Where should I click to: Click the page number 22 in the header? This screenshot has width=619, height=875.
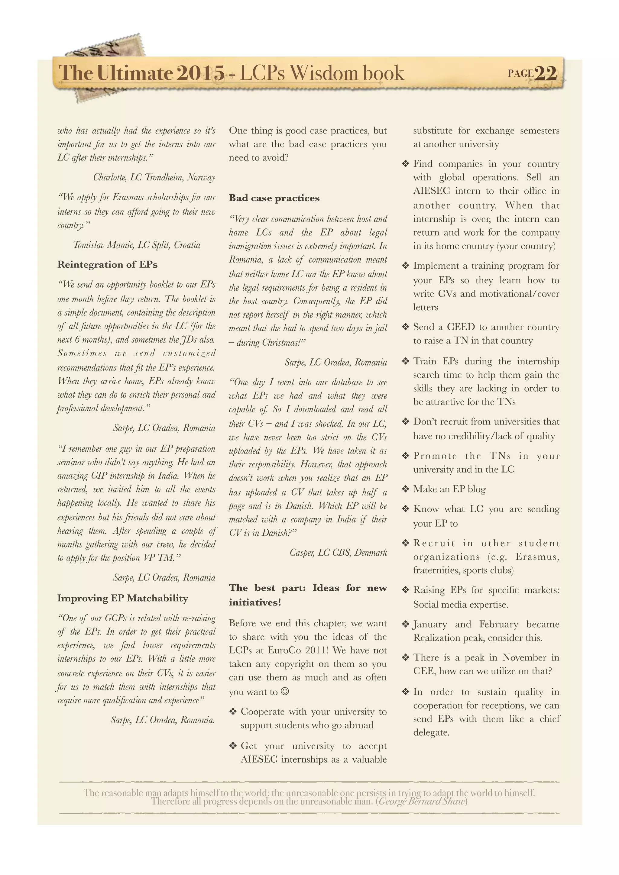click(x=546, y=73)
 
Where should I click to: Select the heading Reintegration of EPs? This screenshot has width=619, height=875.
click(x=107, y=264)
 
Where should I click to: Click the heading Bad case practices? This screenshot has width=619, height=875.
click(x=274, y=198)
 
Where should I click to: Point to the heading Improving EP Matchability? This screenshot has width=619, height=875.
click(x=122, y=598)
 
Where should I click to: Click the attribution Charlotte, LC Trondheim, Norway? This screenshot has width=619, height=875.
click(x=154, y=177)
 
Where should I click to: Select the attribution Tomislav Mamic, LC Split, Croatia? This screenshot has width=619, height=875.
click(x=136, y=245)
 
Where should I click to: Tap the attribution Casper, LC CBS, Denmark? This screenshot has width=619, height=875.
click(x=338, y=552)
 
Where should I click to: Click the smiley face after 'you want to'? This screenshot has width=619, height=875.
click(x=285, y=691)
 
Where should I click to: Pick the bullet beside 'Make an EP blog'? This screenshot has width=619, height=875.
click(x=405, y=489)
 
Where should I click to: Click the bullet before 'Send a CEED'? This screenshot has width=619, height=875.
click(x=405, y=327)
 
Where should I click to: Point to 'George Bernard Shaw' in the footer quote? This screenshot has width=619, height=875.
click(x=422, y=802)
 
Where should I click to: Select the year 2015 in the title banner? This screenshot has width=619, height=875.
click(x=200, y=73)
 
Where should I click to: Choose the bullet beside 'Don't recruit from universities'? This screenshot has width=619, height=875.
click(x=405, y=422)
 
